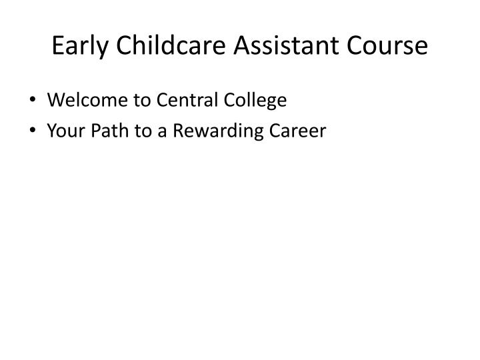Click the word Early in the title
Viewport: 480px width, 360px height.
(x=80, y=46)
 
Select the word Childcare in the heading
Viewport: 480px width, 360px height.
(x=171, y=45)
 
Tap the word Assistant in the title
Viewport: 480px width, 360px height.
(x=286, y=45)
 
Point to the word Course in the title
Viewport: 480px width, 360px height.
(x=387, y=45)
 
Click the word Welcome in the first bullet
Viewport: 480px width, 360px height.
(x=87, y=100)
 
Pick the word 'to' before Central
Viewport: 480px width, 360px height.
(x=143, y=101)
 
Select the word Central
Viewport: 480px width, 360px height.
(x=187, y=100)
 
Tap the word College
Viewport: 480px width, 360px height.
(x=255, y=101)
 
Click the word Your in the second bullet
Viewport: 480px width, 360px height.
(x=66, y=131)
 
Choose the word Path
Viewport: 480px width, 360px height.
(x=109, y=130)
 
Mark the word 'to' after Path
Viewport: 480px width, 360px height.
(x=143, y=131)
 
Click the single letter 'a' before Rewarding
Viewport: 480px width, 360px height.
(x=162, y=133)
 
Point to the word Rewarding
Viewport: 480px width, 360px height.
(x=218, y=131)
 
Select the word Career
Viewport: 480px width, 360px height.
(x=297, y=131)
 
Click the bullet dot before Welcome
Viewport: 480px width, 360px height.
(x=33, y=99)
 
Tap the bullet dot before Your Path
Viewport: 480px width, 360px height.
(x=33, y=130)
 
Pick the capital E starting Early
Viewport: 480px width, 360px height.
(x=58, y=45)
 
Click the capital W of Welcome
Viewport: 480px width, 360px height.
(x=58, y=100)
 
